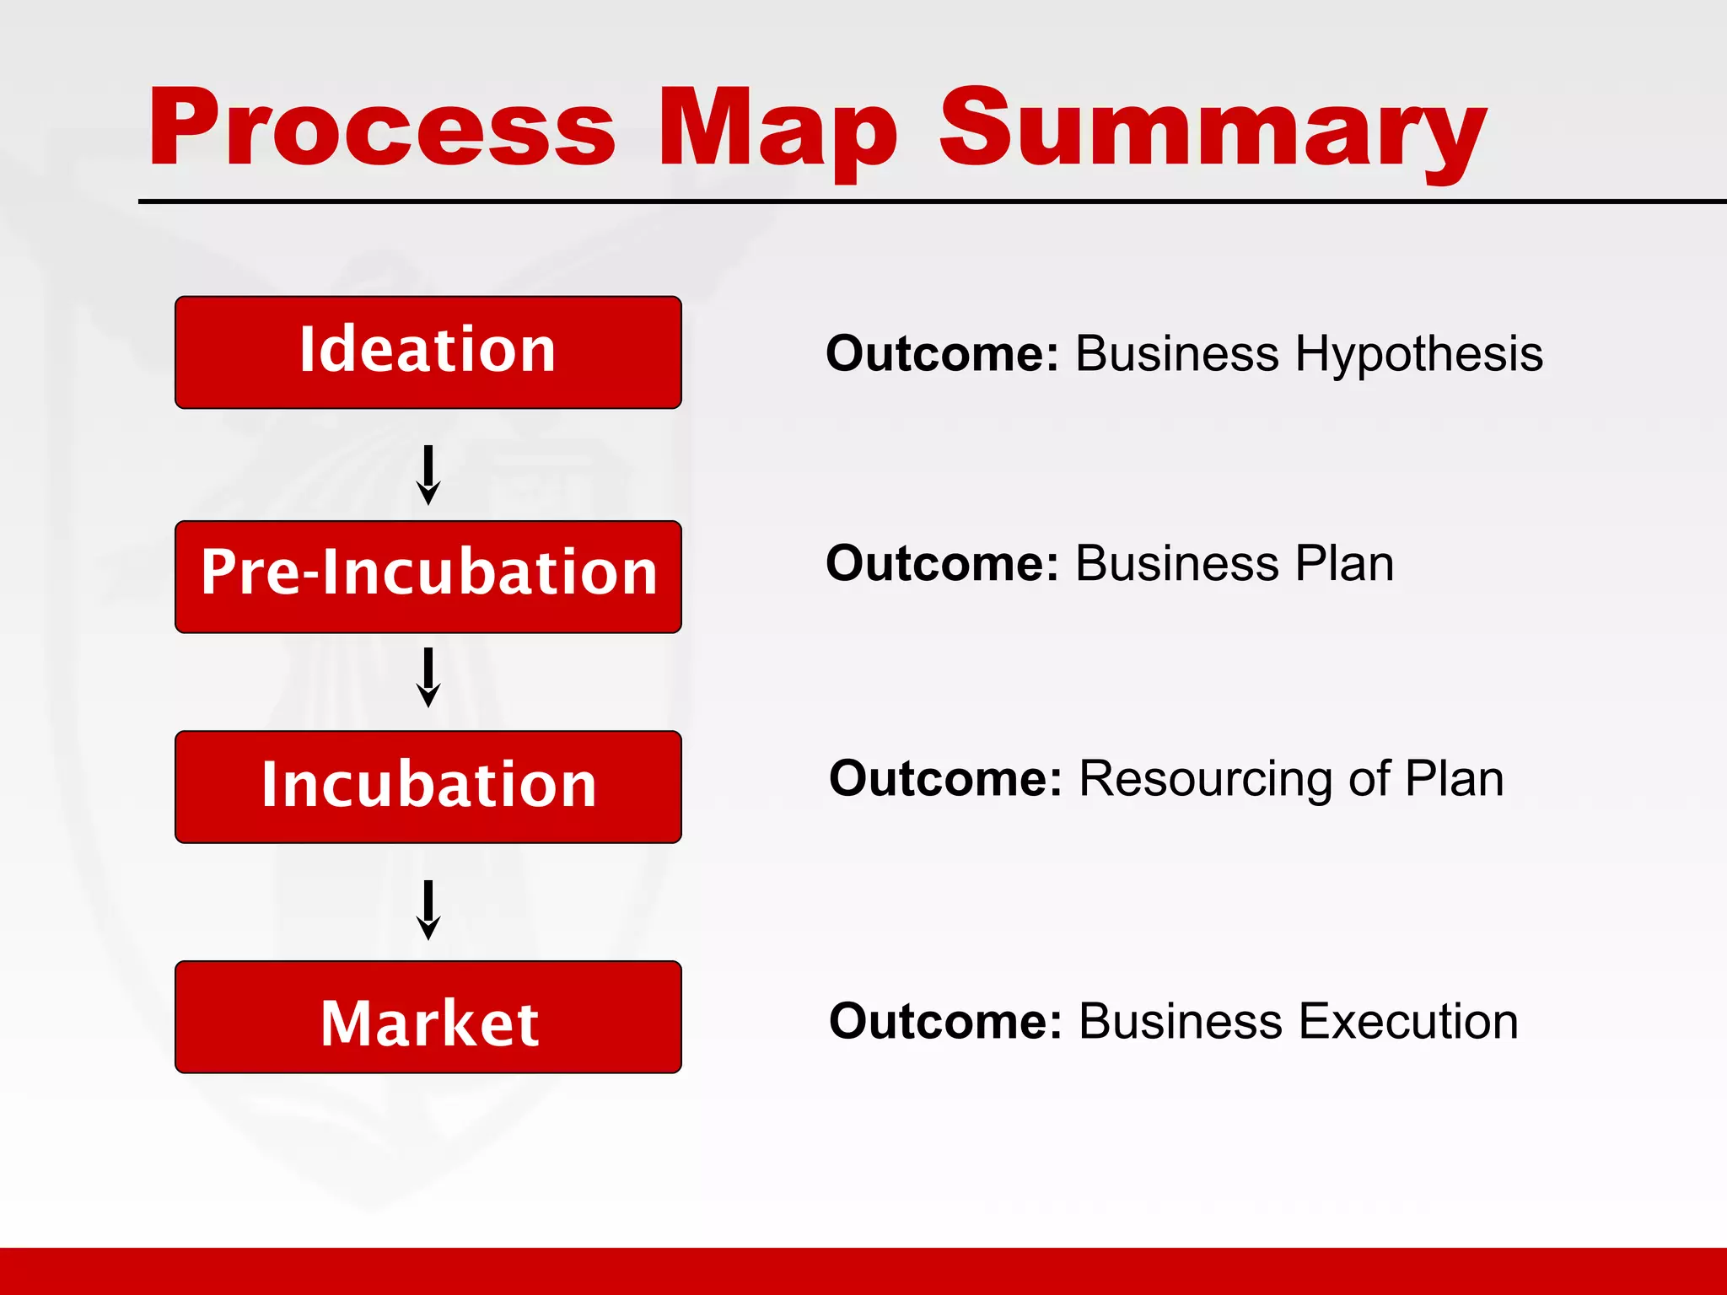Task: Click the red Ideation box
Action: click(428, 352)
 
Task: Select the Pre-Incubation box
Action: click(428, 577)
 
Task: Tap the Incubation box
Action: click(428, 787)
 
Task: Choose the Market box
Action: click(428, 1017)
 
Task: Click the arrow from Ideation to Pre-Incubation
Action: click(428, 475)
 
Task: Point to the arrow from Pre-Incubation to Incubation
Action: click(428, 677)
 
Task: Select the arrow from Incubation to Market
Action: click(428, 910)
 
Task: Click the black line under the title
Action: click(928, 202)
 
